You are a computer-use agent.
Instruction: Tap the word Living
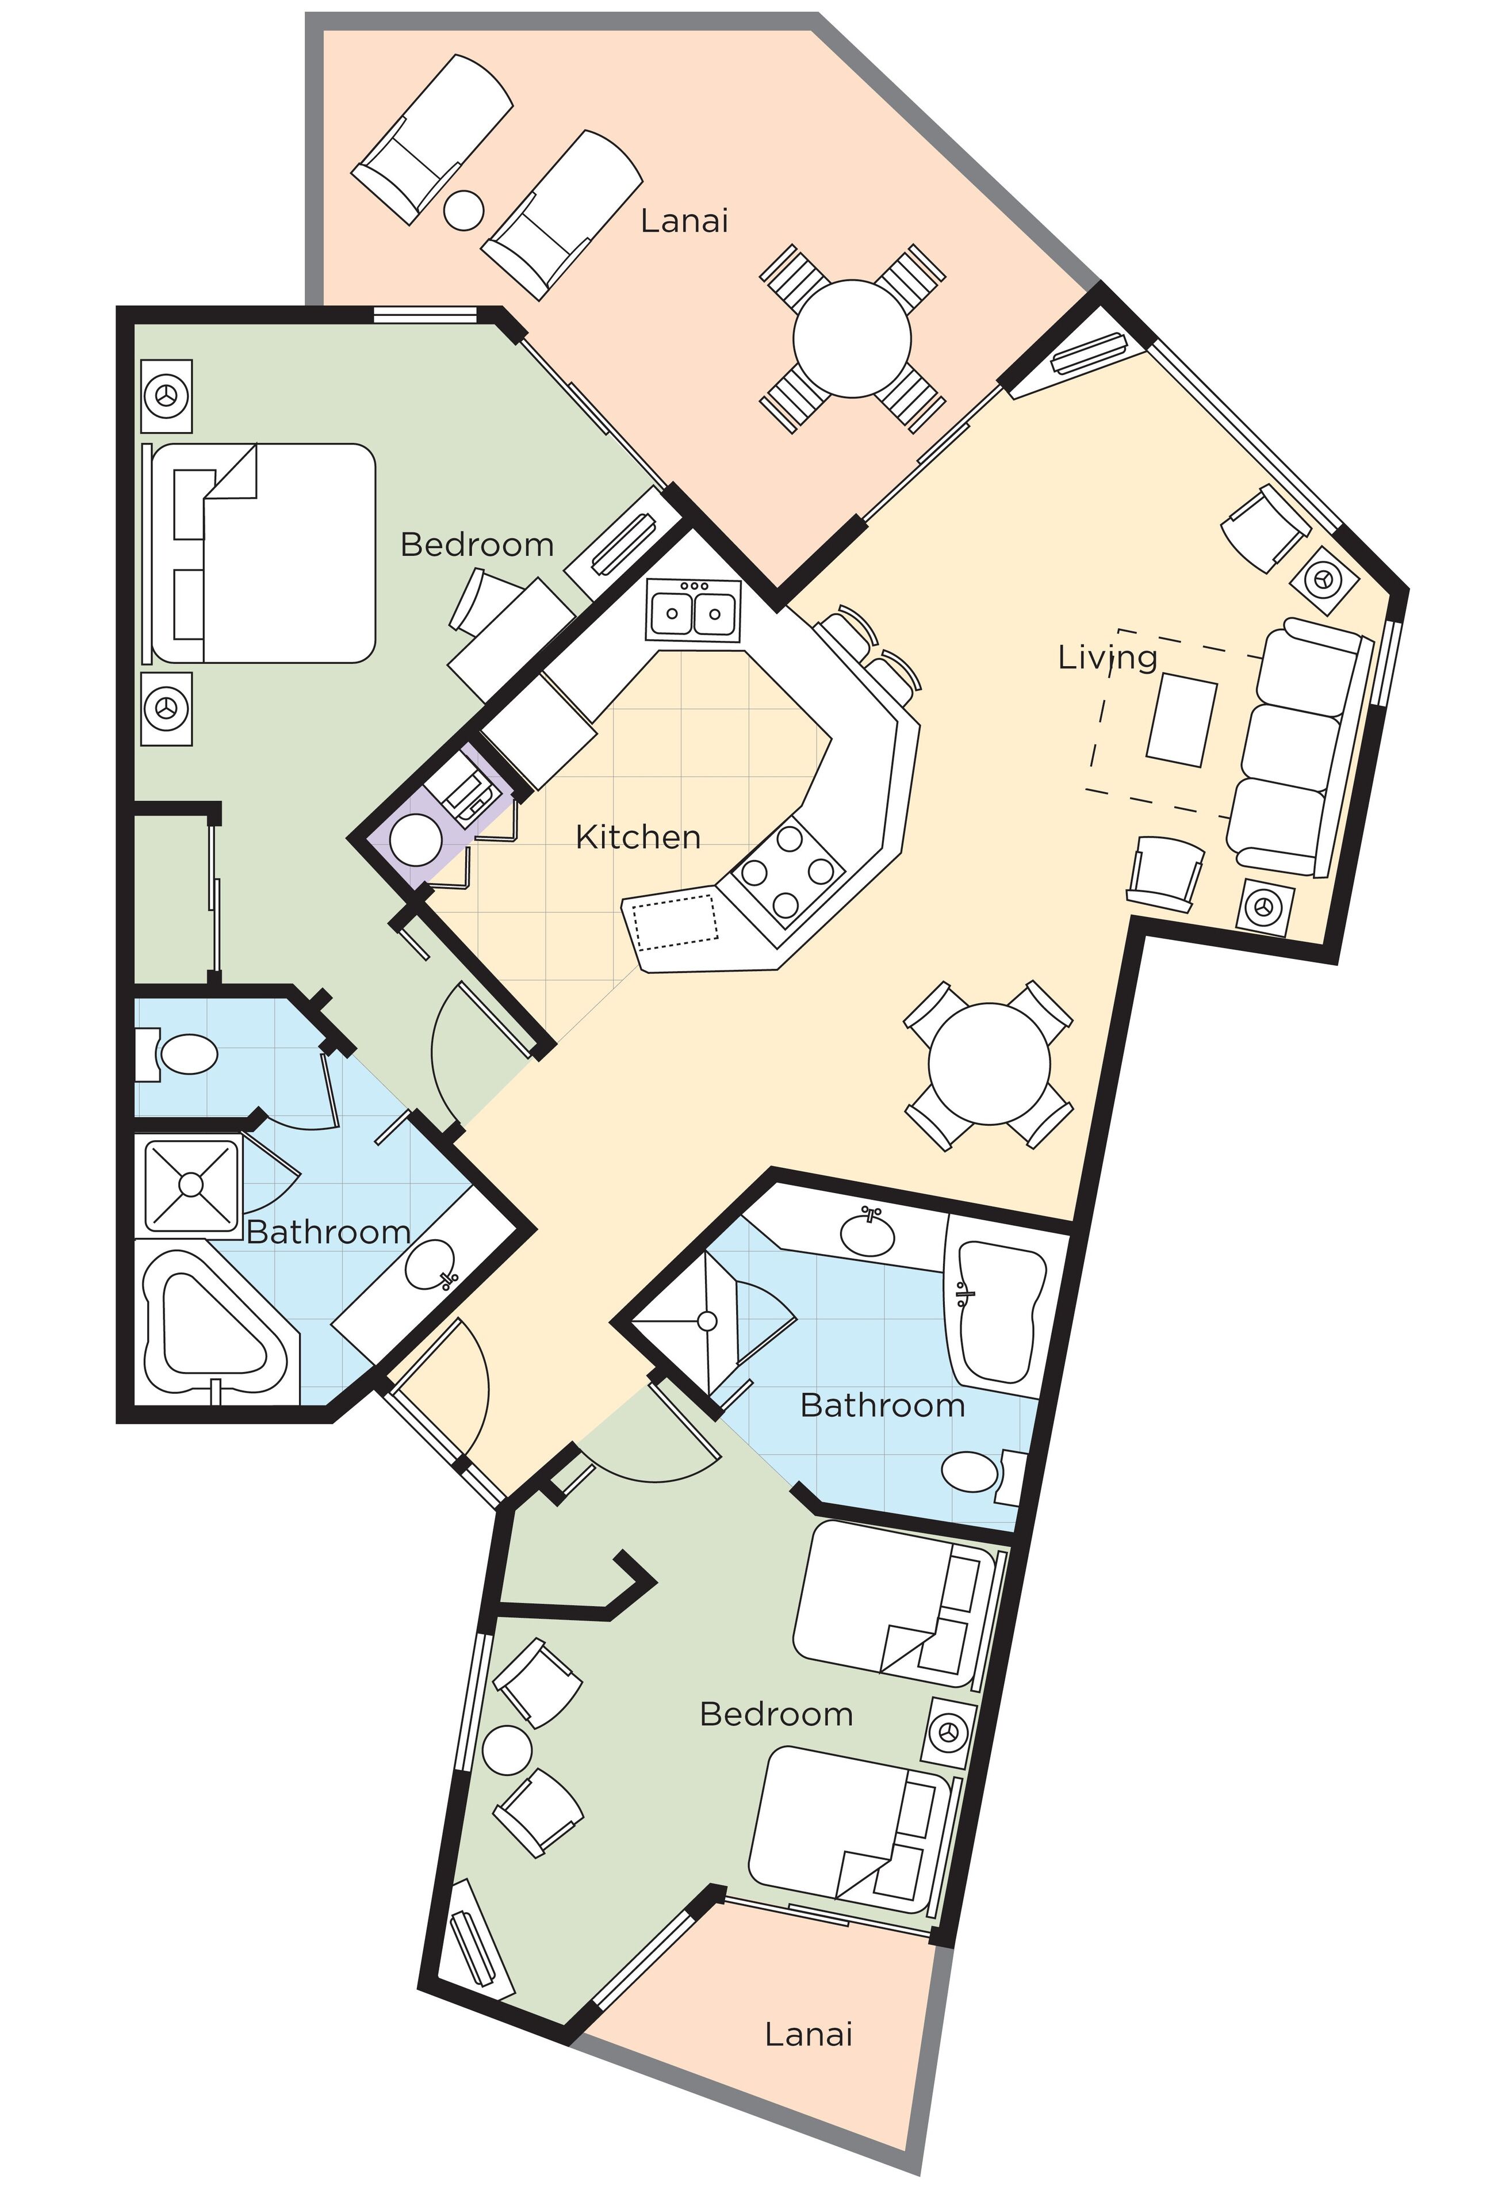(1106, 657)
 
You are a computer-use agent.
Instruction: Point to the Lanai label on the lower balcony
(808, 2034)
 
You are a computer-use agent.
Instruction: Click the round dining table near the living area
(989, 1065)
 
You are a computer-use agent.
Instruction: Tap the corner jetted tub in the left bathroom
(214, 1322)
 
